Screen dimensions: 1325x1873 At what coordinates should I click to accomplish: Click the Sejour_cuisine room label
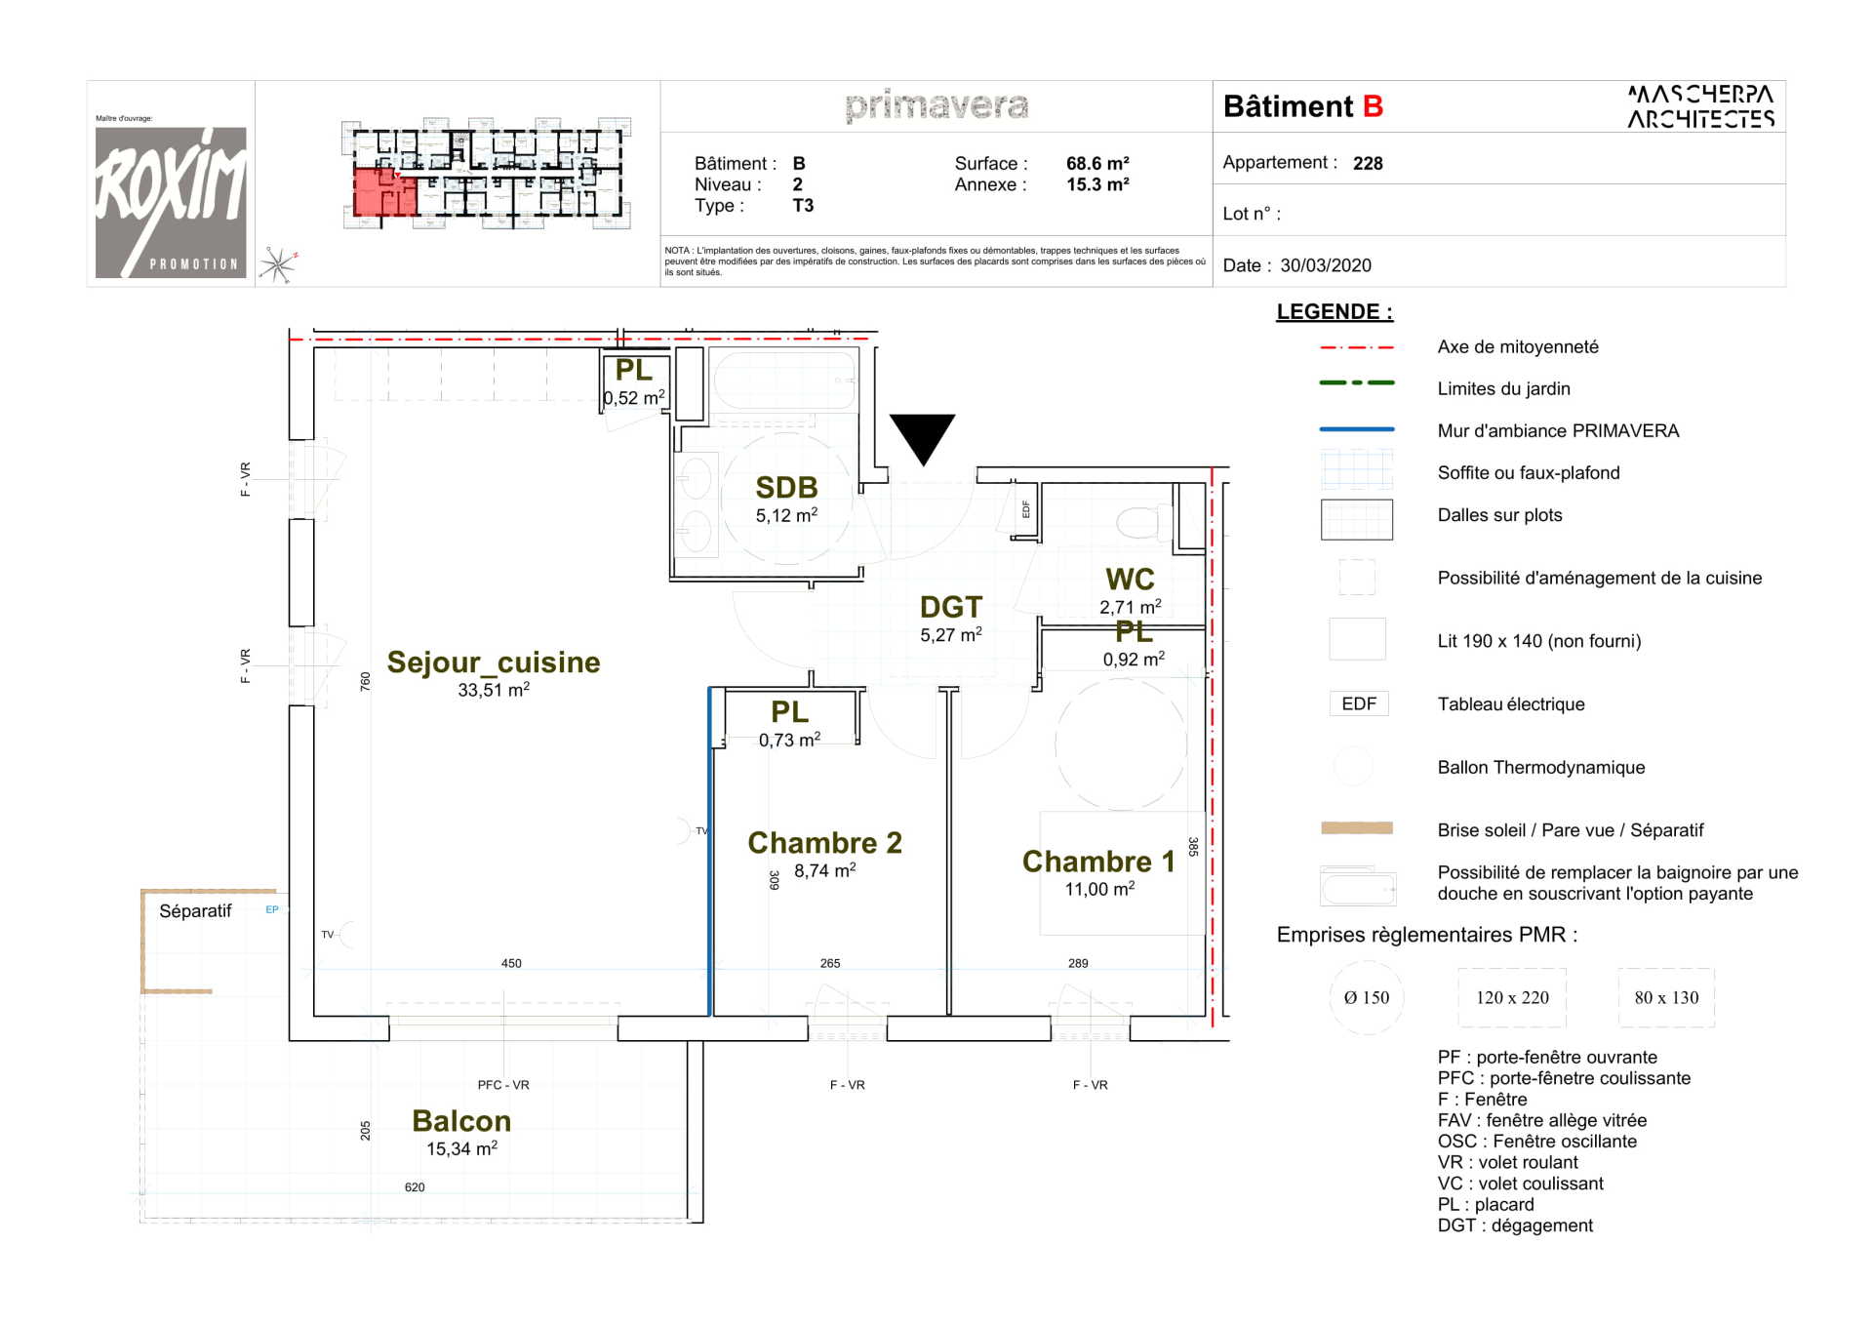(x=493, y=662)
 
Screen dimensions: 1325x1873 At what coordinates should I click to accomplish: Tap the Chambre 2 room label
(x=824, y=843)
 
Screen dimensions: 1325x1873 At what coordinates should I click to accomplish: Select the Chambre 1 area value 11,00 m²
(x=1099, y=890)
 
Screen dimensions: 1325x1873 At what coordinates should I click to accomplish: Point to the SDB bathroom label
(x=786, y=488)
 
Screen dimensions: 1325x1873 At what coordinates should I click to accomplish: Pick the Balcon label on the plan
(x=461, y=1121)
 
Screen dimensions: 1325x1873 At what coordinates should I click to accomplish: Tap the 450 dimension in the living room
(x=511, y=963)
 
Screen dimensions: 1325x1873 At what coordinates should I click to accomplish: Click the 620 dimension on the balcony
(x=415, y=1187)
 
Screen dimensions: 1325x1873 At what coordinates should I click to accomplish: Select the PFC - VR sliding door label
(x=503, y=1085)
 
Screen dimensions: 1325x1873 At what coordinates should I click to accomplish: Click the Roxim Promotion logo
(x=171, y=202)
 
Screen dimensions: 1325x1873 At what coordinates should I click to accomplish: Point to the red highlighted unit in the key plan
(x=382, y=192)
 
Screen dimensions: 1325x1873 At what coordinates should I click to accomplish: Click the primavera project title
(x=936, y=105)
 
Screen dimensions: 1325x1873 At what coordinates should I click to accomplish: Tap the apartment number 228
(x=1368, y=164)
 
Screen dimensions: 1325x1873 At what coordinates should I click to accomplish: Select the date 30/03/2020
(x=1326, y=265)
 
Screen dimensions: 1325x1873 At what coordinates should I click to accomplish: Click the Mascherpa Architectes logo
(x=1700, y=106)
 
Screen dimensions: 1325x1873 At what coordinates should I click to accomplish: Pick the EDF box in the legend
(x=1358, y=704)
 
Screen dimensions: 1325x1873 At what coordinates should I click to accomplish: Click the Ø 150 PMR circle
(x=1366, y=997)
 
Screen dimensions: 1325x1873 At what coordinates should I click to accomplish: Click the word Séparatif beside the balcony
(x=195, y=911)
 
